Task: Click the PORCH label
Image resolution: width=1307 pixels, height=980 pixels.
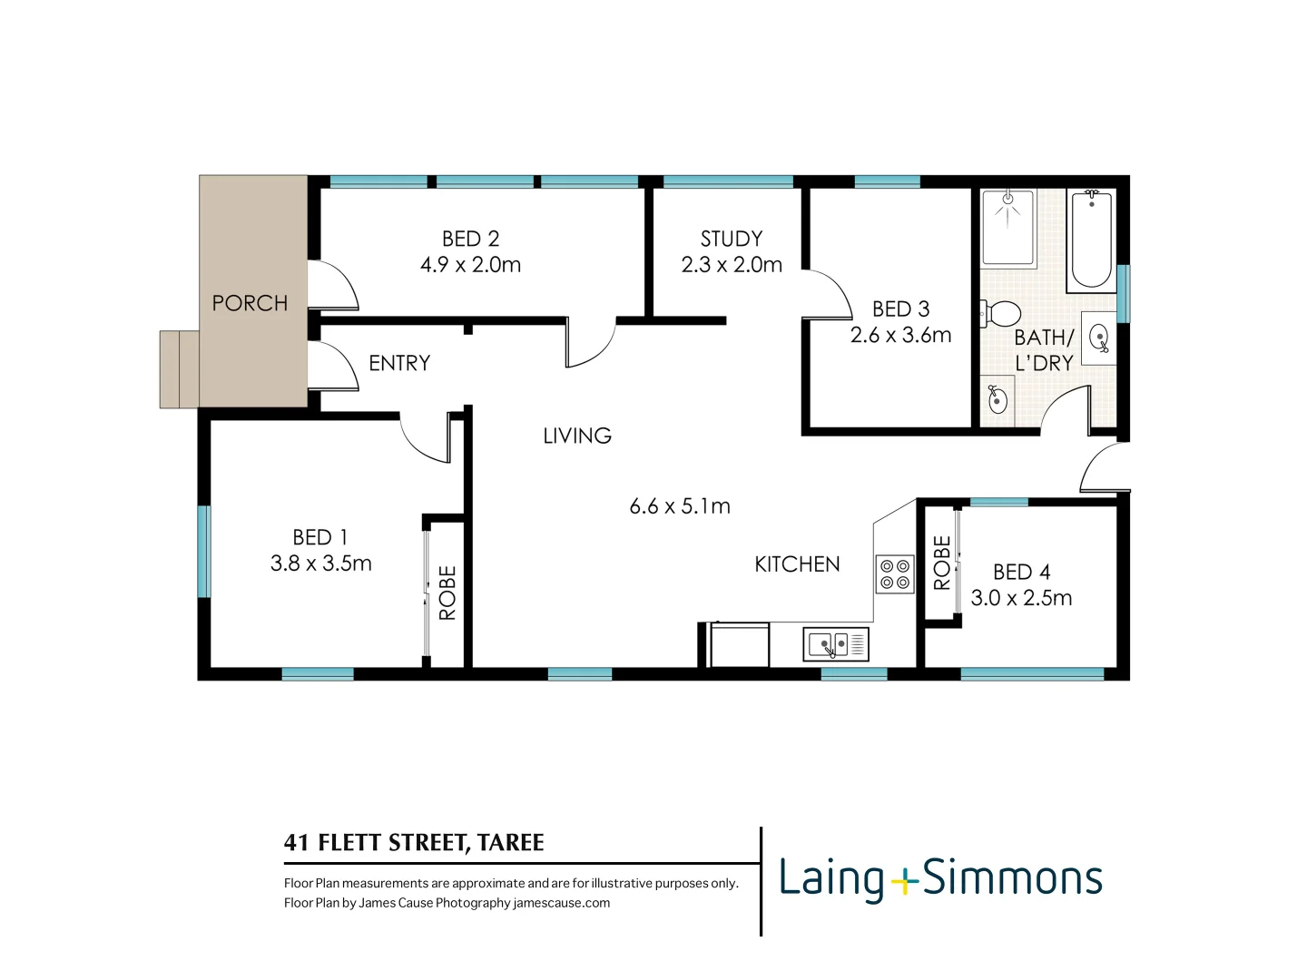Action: point(250,303)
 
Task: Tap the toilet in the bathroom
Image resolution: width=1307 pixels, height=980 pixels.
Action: point(1002,314)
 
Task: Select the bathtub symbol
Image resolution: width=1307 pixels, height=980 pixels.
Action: point(1091,240)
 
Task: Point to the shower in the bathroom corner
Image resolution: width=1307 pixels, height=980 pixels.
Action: point(1007,227)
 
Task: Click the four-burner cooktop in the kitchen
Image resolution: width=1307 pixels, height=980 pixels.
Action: point(895,574)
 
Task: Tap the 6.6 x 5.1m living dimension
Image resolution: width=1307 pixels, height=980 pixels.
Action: point(680,506)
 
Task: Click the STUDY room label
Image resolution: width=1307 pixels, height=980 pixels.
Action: point(732,239)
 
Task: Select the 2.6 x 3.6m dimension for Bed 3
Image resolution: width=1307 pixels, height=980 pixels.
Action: point(900,335)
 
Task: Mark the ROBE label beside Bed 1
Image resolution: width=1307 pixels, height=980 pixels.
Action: point(447,593)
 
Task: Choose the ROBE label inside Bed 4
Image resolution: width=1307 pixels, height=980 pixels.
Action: point(942,563)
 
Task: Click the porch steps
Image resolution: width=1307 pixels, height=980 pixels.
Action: point(179,369)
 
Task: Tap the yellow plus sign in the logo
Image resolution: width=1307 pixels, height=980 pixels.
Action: point(904,880)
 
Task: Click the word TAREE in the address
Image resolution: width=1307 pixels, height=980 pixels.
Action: point(510,843)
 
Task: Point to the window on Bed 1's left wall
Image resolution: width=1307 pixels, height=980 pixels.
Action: point(204,552)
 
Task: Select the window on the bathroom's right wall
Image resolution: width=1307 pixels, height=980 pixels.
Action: point(1123,293)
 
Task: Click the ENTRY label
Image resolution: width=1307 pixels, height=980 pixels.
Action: point(399,363)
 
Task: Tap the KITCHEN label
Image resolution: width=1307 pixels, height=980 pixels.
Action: point(797,564)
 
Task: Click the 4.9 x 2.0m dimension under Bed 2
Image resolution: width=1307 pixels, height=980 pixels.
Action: point(470,265)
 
